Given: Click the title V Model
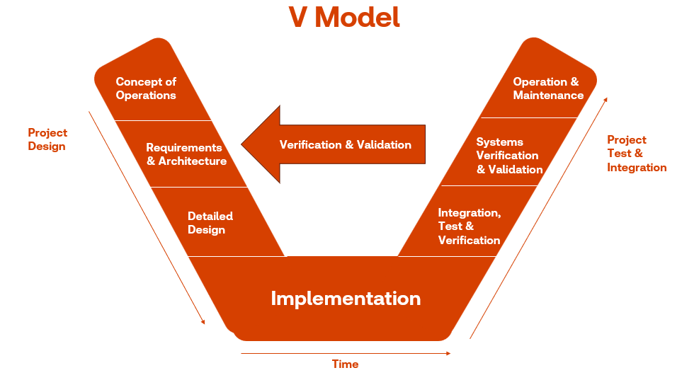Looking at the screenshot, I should coord(344,17).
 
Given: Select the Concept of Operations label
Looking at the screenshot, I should coord(146,88).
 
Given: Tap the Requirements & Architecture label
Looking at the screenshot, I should coord(186,154).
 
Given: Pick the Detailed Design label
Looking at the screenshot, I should coord(210,223).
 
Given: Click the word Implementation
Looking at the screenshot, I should coord(346,298).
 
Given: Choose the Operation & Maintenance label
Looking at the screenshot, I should coord(548,88).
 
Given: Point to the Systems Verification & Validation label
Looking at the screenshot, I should coord(509,156).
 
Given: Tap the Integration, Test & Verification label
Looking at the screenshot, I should coord(470,226).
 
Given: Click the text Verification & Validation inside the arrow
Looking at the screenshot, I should coord(346,144).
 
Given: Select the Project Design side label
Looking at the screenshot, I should coord(47,139).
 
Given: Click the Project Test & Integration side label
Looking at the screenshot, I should coord(637,154).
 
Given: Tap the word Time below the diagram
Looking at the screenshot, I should coord(346,364).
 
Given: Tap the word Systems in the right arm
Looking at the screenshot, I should coord(500,142).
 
